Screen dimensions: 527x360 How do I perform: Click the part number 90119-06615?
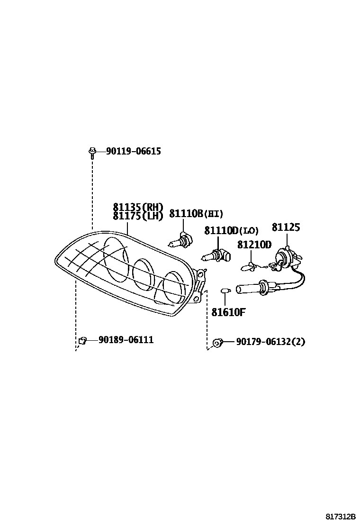pos(133,151)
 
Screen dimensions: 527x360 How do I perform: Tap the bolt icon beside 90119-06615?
pos(91,152)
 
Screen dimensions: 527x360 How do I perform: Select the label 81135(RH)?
pos(138,207)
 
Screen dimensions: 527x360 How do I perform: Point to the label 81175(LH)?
pos(138,216)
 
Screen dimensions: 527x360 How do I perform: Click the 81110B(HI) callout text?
pos(196,214)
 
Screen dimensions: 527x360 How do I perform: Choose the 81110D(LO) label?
pos(231,231)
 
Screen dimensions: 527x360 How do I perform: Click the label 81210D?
pos(254,245)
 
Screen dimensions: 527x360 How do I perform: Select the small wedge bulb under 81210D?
pos(248,267)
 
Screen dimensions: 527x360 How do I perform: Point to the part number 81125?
pos(286,227)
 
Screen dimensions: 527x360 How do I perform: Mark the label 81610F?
pos(228,312)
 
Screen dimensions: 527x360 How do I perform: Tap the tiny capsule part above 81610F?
pos(225,290)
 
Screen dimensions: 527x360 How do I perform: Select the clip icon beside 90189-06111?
pos(82,340)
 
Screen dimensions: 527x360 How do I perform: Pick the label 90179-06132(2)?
pos(270,341)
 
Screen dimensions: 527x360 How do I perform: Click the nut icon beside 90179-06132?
pos(218,342)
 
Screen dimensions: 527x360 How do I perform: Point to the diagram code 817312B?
pos(340,516)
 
